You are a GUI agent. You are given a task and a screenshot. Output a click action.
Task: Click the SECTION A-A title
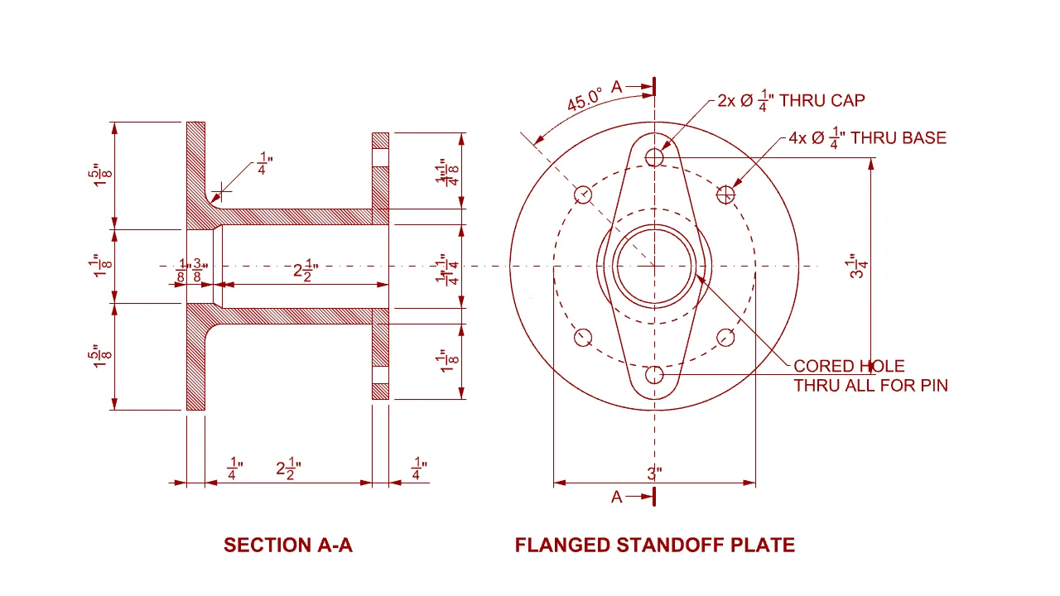(x=287, y=545)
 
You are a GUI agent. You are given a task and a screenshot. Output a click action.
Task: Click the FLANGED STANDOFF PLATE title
(x=654, y=545)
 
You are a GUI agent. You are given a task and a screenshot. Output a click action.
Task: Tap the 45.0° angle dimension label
(x=585, y=101)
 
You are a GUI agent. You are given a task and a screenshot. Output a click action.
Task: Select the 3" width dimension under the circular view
(x=654, y=474)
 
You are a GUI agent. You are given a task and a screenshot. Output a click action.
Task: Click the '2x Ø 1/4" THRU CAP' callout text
(x=791, y=101)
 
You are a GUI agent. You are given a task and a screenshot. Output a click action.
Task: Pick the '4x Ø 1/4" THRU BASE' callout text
(x=867, y=138)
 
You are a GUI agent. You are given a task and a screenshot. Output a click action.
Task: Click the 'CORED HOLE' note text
(x=849, y=366)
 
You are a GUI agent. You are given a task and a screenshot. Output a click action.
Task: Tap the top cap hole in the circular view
(x=655, y=156)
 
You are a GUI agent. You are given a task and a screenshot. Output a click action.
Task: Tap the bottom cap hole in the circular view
(x=655, y=375)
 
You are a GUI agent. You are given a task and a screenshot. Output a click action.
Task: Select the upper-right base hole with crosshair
(x=726, y=195)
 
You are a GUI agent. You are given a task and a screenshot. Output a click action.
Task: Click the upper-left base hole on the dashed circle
(x=583, y=195)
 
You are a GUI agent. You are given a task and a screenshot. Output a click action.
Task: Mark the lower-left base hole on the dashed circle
(x=583, y=337)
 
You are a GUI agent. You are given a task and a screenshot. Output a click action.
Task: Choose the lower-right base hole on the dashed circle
(x=726, y=337)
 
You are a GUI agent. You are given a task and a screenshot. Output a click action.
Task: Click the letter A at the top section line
(x=617, y=86)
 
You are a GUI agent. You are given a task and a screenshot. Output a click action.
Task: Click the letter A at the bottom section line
(x=617, y=497)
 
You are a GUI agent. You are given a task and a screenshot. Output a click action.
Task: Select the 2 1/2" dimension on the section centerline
(x=305, y=272)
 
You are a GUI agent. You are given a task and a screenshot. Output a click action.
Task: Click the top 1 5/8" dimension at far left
(x=100, y=175)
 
